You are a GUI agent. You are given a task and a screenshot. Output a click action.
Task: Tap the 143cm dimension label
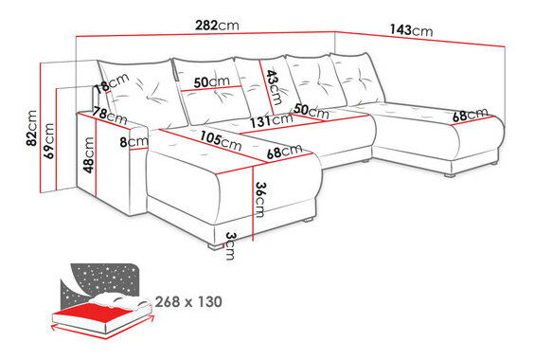(411, 31)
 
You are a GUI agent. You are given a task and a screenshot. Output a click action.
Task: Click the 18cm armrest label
(110, 84)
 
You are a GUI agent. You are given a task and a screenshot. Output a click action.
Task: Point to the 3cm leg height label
(232, 246)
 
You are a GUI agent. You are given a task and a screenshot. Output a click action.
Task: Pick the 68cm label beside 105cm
(284, 150)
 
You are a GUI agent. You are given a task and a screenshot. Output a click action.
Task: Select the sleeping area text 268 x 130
(190, 302)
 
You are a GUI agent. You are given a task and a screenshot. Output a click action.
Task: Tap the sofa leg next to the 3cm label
(210, 247)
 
